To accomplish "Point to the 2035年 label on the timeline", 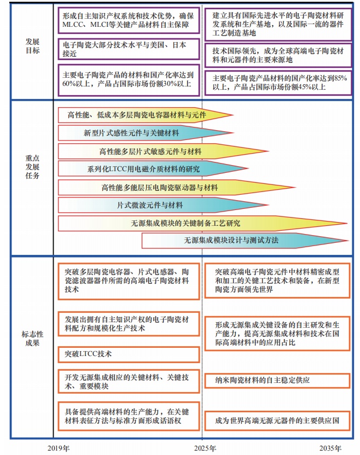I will (330, 448).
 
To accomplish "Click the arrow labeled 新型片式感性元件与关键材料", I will (131, 133).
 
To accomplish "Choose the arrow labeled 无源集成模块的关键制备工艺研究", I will (186, 223).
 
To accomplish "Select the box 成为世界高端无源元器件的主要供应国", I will (277, 421).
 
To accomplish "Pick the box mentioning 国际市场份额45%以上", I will (277, 82).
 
